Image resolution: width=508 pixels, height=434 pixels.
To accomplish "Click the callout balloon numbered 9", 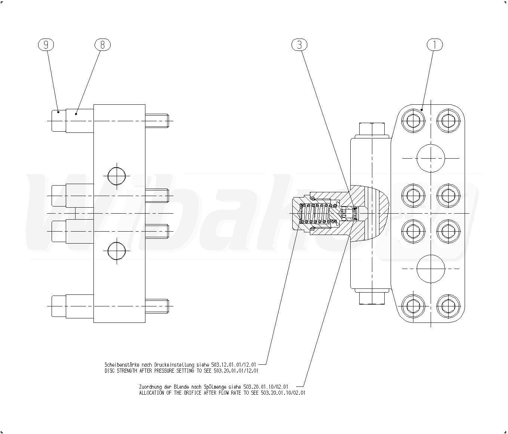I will tap(46, 45).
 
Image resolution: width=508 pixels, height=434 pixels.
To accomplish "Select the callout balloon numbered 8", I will tap(103, 45).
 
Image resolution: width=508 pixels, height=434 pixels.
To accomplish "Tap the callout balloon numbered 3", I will tap(299, 45).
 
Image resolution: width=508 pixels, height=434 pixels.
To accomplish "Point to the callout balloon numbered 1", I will tap(435, 45).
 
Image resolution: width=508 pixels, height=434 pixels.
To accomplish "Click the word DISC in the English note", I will tap(110, 371).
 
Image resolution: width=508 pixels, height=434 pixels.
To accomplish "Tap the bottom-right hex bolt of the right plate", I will tap(448, 306).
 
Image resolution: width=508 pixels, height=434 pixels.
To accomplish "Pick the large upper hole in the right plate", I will tap(431, 158).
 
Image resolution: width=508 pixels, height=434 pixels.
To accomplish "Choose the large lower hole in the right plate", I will tap(431, 269).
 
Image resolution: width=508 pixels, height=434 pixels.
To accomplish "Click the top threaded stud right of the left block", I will tap(157, 121).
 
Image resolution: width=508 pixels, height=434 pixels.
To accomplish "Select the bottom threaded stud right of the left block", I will tap(157, 306).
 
